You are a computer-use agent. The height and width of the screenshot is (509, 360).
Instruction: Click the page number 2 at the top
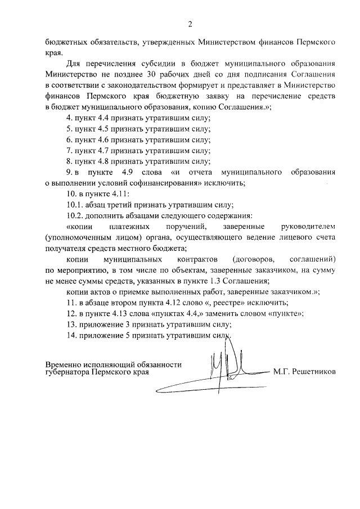(190, 24)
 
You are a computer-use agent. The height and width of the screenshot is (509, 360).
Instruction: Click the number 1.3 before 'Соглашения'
(214, 281)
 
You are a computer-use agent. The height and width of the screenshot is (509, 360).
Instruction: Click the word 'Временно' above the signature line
(67, 364)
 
